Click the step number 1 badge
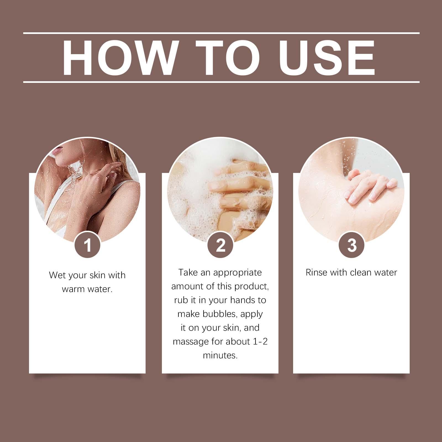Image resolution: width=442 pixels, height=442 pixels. point(88,245)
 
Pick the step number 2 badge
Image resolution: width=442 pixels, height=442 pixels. point(220,245)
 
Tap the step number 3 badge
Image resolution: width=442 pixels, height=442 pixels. point(352,245)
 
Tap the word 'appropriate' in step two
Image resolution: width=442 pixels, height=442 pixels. point(237,273)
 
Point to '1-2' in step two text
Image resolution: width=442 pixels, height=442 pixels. point(260,341)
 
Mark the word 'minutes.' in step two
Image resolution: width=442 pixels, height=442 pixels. point(220,355)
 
